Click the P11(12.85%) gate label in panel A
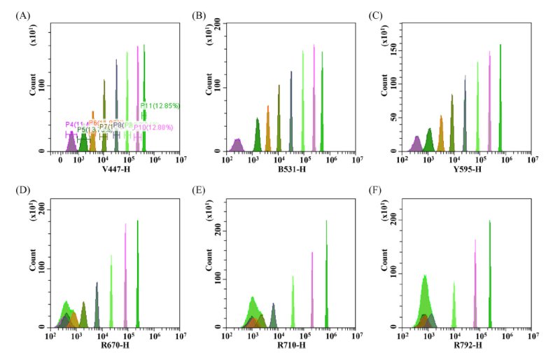(160, 106)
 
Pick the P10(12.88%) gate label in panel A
(153, 127)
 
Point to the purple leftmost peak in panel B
(238, 145)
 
